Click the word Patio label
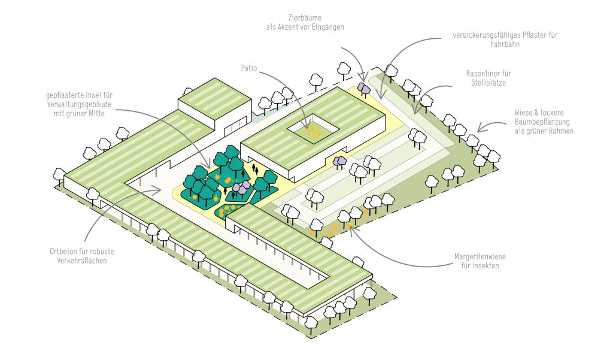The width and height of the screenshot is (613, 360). [x=249, y=69]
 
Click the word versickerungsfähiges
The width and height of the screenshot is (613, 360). [x=487, y=35]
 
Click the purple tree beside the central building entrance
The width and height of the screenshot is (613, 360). [x=339, y=161]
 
